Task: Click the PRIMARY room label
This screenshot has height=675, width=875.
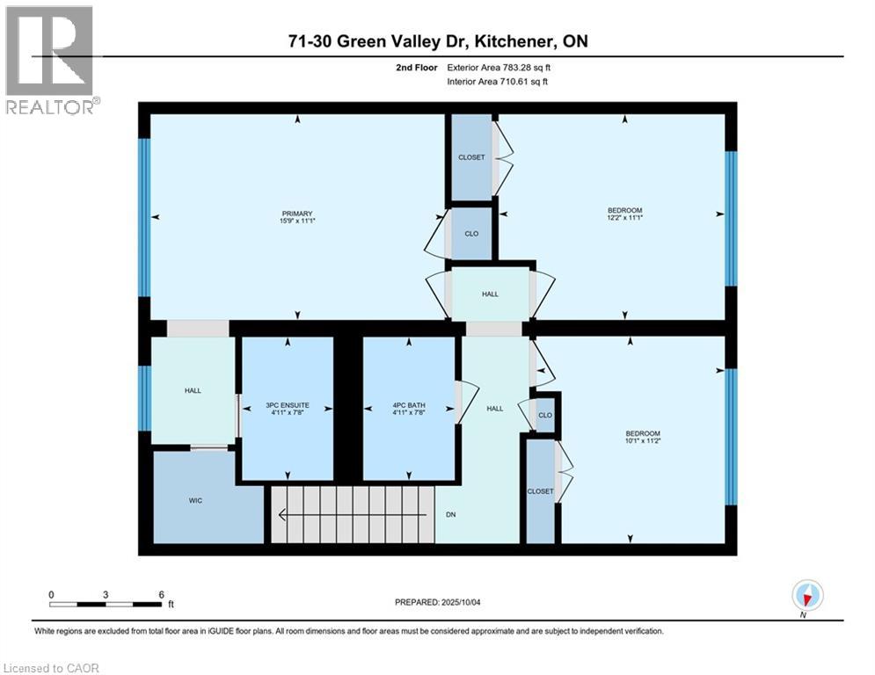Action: (x=297, y=217)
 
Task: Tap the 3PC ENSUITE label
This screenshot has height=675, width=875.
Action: (x=288, y=409)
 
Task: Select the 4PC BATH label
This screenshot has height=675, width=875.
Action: (x=409, y=409)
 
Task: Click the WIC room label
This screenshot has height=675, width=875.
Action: (x=195, y=500)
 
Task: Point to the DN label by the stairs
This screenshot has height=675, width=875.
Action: (x=449, y=515)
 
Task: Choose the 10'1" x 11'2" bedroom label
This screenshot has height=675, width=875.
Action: (x=642, y=438)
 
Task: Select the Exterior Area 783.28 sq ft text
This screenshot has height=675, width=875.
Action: (x=503, y=67)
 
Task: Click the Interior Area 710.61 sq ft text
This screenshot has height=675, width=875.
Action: (x=502, y=82)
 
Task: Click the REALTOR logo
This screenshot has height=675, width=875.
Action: (x=50, y=60)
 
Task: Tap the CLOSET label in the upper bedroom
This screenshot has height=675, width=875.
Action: (x=471, y=157)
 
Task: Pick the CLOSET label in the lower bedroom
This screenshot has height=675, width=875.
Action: (x=541, y=491)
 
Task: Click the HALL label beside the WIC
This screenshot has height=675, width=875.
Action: (x=193, y=390)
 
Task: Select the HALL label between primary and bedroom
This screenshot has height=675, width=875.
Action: (x=490, y=294)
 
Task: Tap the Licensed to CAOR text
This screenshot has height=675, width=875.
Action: (x=51, y=668)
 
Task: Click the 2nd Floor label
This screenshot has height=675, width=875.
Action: (x=414, y=67)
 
